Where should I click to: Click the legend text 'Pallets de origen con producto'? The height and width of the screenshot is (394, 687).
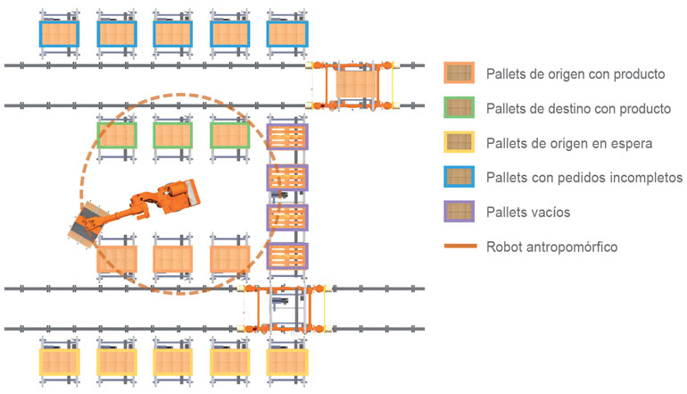click(575, 74)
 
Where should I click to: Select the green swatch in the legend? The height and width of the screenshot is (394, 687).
click(459, 107)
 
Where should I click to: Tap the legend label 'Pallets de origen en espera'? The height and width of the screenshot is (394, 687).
click(569, 143)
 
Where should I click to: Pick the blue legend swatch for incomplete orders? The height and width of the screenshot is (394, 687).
click(459, 177)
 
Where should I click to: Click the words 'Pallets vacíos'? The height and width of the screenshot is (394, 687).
click(528, 213)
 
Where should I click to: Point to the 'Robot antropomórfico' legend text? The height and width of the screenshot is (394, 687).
click(551, 247)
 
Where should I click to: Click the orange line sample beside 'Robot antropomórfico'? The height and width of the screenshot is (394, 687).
click(460, 247)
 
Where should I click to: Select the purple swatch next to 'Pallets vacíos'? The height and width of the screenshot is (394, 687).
click(459, 212)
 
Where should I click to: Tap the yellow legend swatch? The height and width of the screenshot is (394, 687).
click(459, 142)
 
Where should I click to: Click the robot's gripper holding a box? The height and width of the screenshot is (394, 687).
click(88, 223)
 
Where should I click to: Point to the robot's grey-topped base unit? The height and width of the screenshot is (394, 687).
click(179, 196)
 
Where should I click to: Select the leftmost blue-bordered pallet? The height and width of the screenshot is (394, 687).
click(59, 34)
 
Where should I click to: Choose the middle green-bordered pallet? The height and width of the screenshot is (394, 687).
click(172, 135)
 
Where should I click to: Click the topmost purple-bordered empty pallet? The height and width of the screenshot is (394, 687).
click(287, 137)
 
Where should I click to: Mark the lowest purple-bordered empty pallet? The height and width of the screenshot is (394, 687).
click(287, 256)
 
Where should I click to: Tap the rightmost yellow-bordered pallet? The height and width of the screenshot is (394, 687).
click(287, 363)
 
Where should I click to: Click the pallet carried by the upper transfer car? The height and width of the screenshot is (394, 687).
click(357, 85)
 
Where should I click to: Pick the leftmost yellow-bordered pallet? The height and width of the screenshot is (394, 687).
click(59, 363)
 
